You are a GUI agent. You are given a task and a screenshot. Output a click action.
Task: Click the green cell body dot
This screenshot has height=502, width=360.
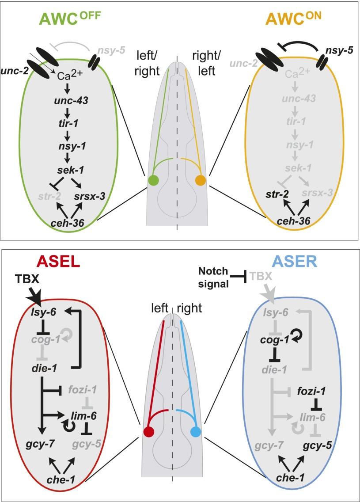pos(153,181)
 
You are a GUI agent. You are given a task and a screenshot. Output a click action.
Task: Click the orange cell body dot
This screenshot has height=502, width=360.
pos(200,181)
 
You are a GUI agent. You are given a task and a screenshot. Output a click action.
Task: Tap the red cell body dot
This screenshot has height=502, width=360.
pos(149,431)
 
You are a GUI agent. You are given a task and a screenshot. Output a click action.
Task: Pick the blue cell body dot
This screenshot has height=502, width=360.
pos(195,431)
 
